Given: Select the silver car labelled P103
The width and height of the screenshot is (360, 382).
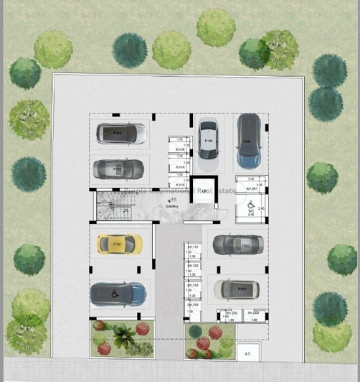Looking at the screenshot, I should coord(120,133).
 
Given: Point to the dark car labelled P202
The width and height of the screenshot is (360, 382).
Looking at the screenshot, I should coord(234,244).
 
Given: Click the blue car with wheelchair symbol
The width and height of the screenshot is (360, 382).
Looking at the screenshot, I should coord(118,294).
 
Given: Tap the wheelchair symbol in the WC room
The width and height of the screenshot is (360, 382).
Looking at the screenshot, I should coord(250,205).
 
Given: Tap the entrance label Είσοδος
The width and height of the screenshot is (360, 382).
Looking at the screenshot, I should coord(172,204).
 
